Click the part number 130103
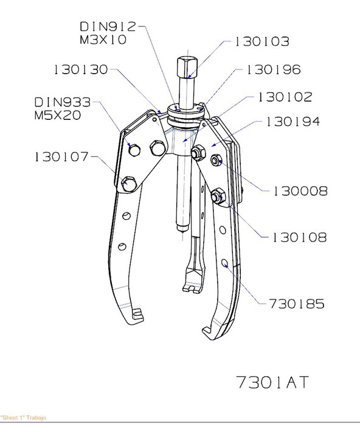261,41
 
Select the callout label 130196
274,69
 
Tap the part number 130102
285,97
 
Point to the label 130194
293,122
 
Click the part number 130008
300,191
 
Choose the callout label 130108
299,237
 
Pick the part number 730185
297,304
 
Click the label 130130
81,69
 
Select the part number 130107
61,157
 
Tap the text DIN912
108,27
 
